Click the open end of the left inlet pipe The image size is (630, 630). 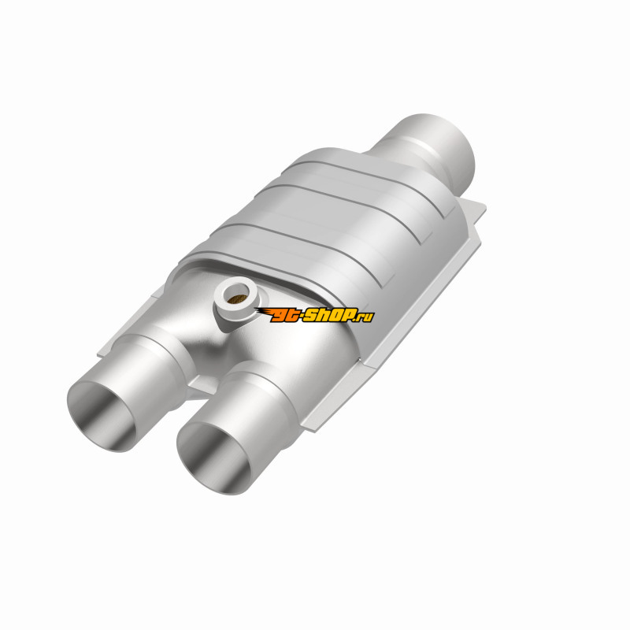[102, 417]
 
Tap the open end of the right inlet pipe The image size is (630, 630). [213, 458]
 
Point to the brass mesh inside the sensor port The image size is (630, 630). [235, 298]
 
